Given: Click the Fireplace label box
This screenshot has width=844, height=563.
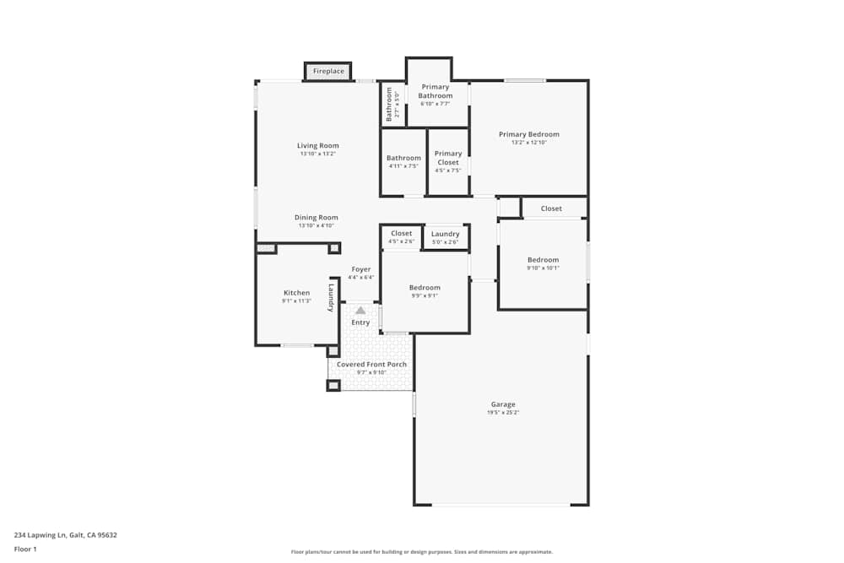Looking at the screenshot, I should click(328, 72).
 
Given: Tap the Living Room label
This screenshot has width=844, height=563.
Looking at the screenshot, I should click(317, 145).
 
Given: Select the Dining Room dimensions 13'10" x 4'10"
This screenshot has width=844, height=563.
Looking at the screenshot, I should click(316, 226).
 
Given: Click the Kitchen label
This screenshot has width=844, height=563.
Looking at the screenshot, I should click(296, 293).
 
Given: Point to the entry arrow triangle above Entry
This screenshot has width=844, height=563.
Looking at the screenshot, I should click(360, 311).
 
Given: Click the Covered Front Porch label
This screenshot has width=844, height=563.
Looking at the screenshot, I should click(371, 365).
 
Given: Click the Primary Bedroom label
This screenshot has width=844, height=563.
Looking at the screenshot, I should click(528, 134).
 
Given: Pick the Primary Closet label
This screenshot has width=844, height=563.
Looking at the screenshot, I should click(447, 158).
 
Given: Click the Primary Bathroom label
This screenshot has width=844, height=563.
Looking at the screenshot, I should click(436, 91).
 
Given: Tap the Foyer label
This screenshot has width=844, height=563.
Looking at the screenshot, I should click(360, 269).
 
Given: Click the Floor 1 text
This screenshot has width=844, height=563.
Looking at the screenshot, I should click(25, 549).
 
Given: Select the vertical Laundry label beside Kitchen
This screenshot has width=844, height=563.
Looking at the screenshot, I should click(332, 298).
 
